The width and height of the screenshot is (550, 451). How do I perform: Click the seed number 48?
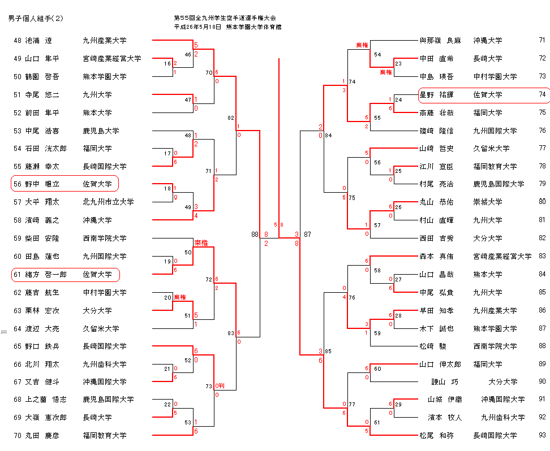pos(17,41)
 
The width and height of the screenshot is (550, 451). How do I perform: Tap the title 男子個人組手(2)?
pos(36,19)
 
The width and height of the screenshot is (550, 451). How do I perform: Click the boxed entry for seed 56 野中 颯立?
pos(65,184)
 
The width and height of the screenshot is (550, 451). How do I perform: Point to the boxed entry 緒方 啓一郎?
pos(65,275)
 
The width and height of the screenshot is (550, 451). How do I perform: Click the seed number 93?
pos(542,436)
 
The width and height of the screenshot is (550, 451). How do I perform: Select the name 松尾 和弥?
pos(436,436)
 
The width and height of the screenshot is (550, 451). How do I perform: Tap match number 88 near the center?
pos(255,234)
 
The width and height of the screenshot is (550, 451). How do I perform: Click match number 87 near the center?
pos(307,234)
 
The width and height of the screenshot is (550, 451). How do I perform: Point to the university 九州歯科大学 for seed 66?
pos(105,364)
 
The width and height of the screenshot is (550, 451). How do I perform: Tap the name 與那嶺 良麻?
pos(440,41)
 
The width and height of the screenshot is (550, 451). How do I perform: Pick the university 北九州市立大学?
pos(108,202)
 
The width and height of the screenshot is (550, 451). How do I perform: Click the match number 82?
pos(230,118)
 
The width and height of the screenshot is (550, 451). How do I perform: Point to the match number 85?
pos(328,352)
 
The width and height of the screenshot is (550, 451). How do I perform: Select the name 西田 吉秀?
pos(436,238)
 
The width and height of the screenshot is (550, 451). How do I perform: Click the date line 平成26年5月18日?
pos(197,27)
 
